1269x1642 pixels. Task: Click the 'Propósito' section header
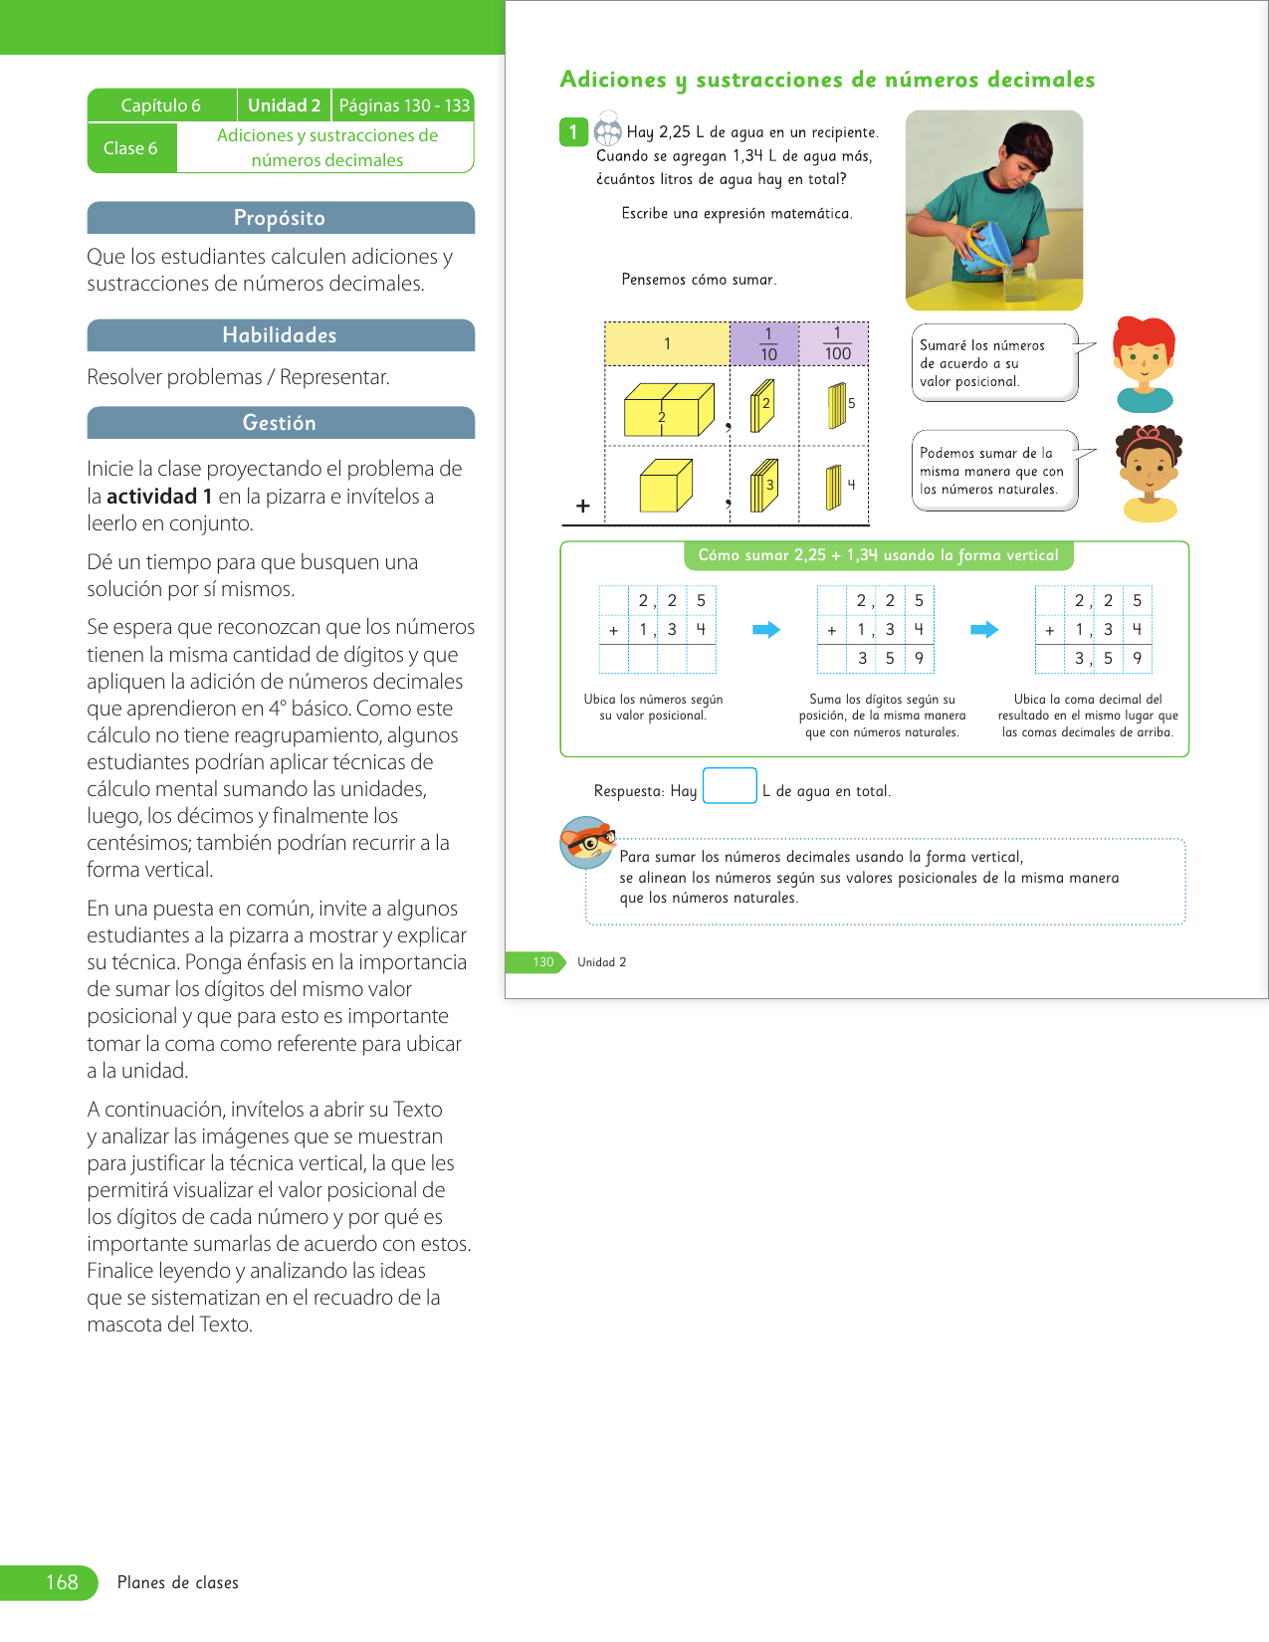coord(280,218)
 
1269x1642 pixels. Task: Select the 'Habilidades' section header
coord(280,335)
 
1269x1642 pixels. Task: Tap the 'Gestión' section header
coord(280,423)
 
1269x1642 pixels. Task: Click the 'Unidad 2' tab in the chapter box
coord(284,105)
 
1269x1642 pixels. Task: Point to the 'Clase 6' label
coord(130,148)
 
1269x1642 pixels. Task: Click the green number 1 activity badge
coord(573,132)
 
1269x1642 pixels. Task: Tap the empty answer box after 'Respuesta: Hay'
coord(730,786)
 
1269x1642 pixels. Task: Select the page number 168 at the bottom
coord(62,1582)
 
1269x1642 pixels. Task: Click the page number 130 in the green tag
coord(542,962)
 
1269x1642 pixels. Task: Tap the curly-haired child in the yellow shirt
coord(1150,472)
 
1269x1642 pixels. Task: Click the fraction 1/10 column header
coord(767,344)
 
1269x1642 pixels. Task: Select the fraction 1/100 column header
coord(836,344)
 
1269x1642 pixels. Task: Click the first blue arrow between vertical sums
coord(765,630)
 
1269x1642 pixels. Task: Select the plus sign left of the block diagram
coord(583,507)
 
